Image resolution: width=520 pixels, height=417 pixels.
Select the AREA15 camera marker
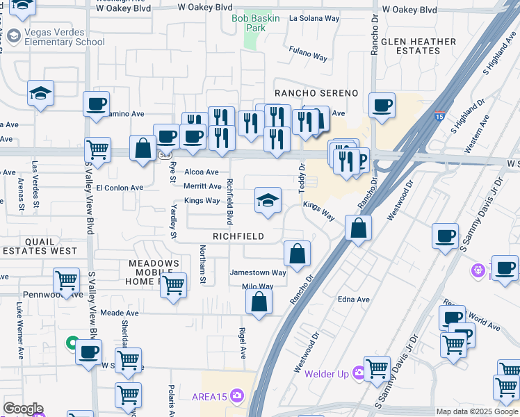click(238, 396)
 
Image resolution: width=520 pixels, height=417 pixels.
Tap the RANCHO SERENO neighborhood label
click(316, 93)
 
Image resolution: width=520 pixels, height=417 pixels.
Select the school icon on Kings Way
click(268, 200)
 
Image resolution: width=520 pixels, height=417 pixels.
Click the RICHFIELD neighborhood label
click(238, 236)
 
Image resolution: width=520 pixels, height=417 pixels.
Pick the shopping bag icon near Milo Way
click(259, 302)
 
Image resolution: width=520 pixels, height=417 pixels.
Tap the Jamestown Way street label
click(258, 273)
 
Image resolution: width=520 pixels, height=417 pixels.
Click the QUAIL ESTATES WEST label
click(40, 246)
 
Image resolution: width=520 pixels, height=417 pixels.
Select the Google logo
click(23, 409)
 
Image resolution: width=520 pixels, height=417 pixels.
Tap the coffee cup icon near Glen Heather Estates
click(382, 106)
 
